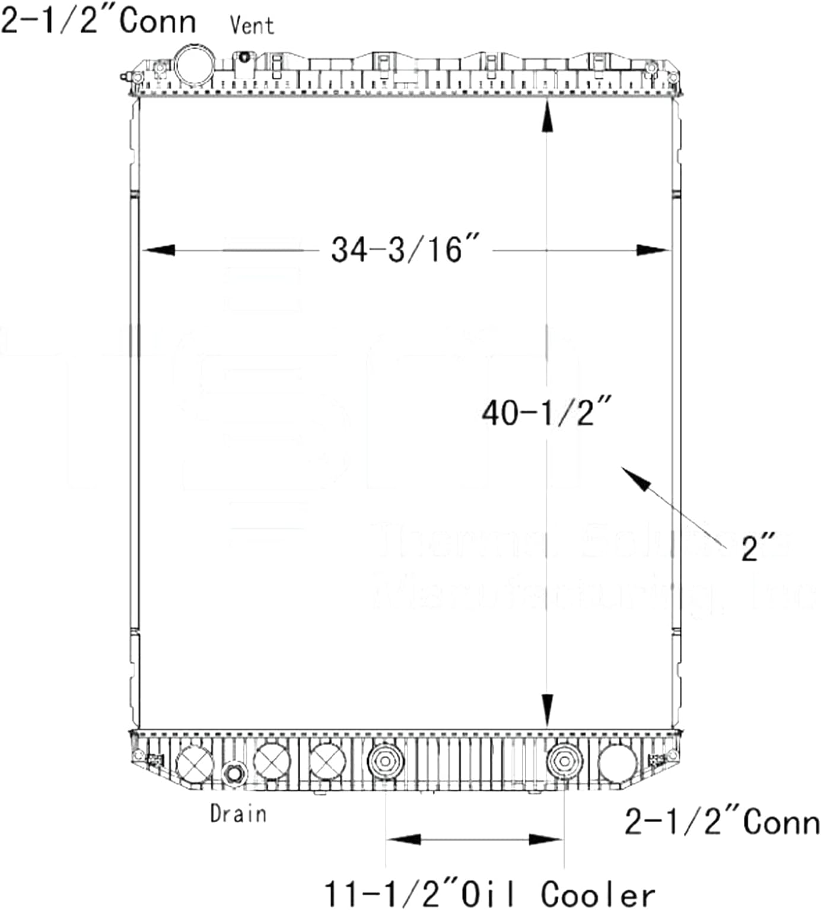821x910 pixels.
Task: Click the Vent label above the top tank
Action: click(252, 26)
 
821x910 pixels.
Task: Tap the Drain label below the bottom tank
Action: click(238, 813)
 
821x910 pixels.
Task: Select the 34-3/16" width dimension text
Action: click(405, 249)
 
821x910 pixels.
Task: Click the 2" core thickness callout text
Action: click(759, 547)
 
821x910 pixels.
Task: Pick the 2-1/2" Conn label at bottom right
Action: click(722, 822)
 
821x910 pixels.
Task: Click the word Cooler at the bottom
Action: click(597, 895)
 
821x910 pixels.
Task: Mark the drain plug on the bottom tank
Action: click(234, 774)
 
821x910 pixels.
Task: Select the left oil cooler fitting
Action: click(386, 761)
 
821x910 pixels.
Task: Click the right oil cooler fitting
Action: click(564, 761)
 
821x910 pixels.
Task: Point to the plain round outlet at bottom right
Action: click(617, 763)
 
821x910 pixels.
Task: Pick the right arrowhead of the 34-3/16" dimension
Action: click(653, 250)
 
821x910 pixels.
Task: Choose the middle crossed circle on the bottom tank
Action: click(272, 761)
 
